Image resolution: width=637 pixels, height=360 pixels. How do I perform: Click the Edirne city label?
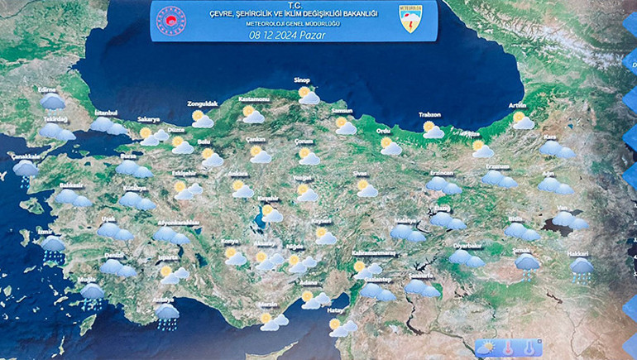[45, 89]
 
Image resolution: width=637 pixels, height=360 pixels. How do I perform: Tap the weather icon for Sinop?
[308, 96]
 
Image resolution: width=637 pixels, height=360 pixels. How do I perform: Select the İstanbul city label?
[107, 113]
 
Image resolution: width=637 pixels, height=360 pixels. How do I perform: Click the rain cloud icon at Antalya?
[167, 314]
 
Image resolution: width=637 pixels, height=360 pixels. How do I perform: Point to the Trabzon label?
[429, 115]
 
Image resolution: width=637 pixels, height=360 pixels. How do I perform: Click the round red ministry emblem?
[169, 21]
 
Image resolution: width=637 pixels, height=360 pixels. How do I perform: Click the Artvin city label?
[517, 105]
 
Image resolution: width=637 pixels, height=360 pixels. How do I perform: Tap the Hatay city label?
[335, 310]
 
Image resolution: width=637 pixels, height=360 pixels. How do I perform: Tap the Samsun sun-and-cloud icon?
[344, 126]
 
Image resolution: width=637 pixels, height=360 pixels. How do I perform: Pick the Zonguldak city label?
[202, 103]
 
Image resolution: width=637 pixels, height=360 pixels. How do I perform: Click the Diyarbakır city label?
[467, 246]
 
